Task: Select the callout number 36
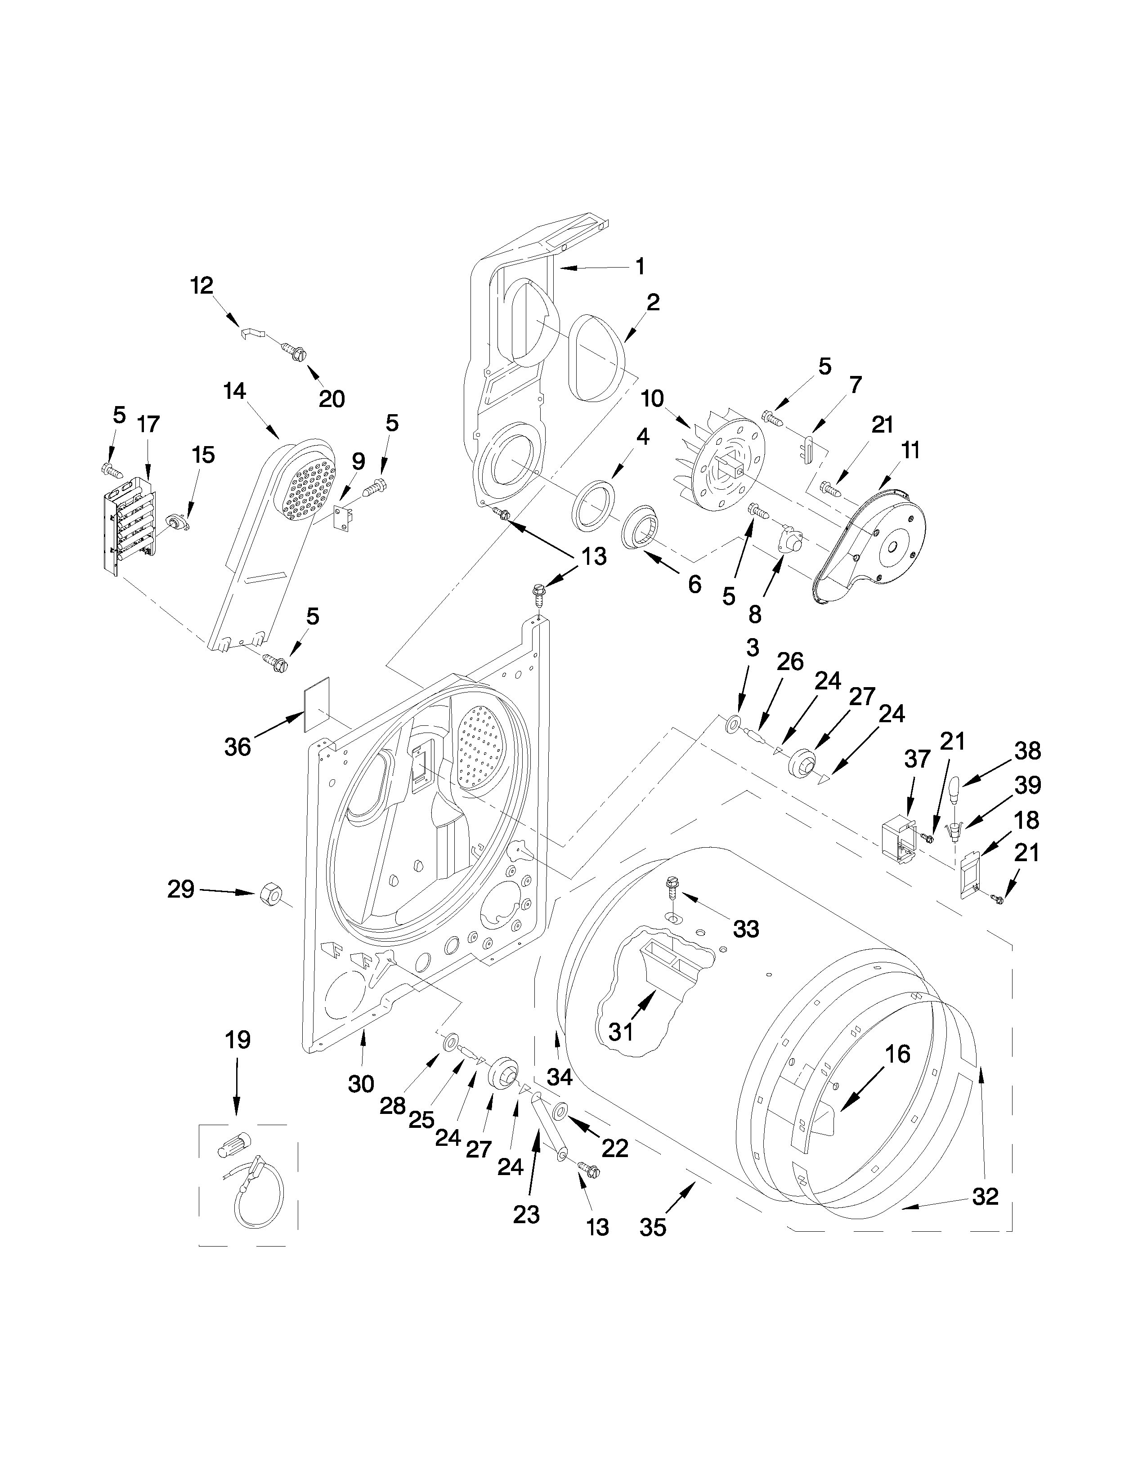(x=238, y=747)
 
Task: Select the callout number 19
(x=237, y=1039)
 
